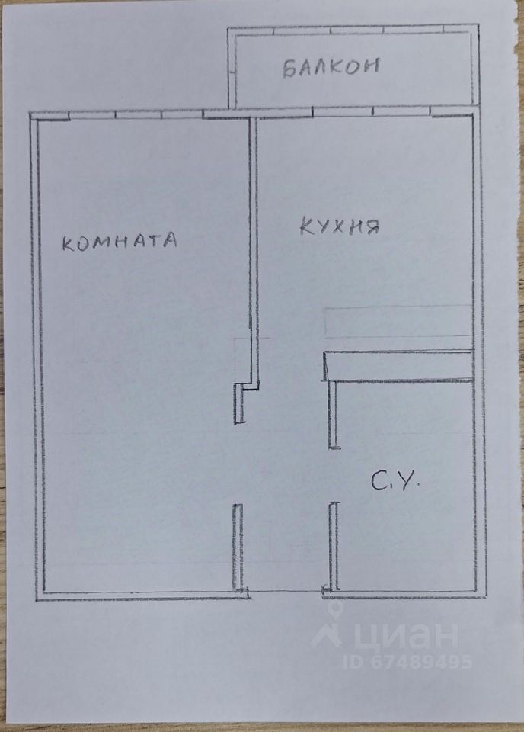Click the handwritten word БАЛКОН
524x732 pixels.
click(x=331, y=68)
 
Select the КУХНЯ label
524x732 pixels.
click(x=339, y=226)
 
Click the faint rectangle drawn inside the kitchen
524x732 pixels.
click(x=398, y=322)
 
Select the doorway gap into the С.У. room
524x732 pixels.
click(x=333, y=476)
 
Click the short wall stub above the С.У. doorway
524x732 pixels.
click(x=332, y=412)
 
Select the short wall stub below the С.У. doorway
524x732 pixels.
click(x=333, y=544)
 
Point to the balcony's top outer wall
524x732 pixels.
click(x=354, y=30)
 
